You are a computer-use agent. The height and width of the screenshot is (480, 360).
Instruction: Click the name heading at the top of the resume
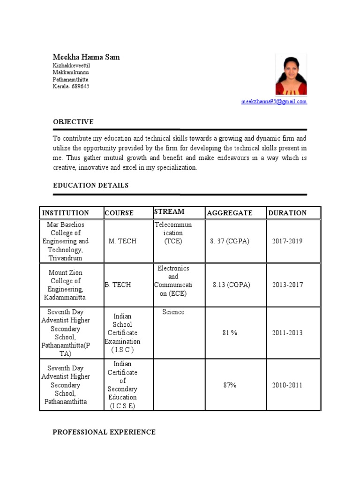point(86,57)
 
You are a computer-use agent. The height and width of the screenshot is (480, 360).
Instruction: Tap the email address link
point(274,101)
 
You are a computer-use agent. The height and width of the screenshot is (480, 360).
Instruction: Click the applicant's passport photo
point(291,75)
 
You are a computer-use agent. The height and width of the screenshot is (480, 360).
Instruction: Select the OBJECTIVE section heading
point(73,122)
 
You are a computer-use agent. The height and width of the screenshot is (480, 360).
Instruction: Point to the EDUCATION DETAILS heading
point(90,186)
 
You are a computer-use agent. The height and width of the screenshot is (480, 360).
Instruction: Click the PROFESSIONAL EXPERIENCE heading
point(104,432)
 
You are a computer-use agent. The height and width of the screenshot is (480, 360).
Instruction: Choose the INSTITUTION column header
point(66,213)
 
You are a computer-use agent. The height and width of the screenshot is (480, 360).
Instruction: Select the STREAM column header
point(169,212)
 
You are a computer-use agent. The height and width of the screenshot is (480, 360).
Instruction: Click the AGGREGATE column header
point(230,213)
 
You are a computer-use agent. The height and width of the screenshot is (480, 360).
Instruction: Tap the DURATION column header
point(287,213)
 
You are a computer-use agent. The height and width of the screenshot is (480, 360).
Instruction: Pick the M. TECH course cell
point(122,241)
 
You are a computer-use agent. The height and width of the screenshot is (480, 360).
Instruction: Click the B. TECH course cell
point(118,285)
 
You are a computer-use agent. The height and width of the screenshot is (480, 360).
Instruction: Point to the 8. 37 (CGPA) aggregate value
point(230,241)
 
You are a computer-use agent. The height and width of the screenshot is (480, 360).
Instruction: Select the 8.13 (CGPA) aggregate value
point(231,285)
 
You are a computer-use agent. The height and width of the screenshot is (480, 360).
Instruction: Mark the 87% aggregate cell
point(230,385)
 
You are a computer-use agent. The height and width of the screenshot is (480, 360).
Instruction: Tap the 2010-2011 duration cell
point(287,385)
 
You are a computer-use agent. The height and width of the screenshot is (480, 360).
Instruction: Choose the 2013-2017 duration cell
point(287,285)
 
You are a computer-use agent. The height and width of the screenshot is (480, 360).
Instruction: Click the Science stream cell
point(173,312)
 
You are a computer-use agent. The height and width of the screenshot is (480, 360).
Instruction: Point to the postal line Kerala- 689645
point(71,87)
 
